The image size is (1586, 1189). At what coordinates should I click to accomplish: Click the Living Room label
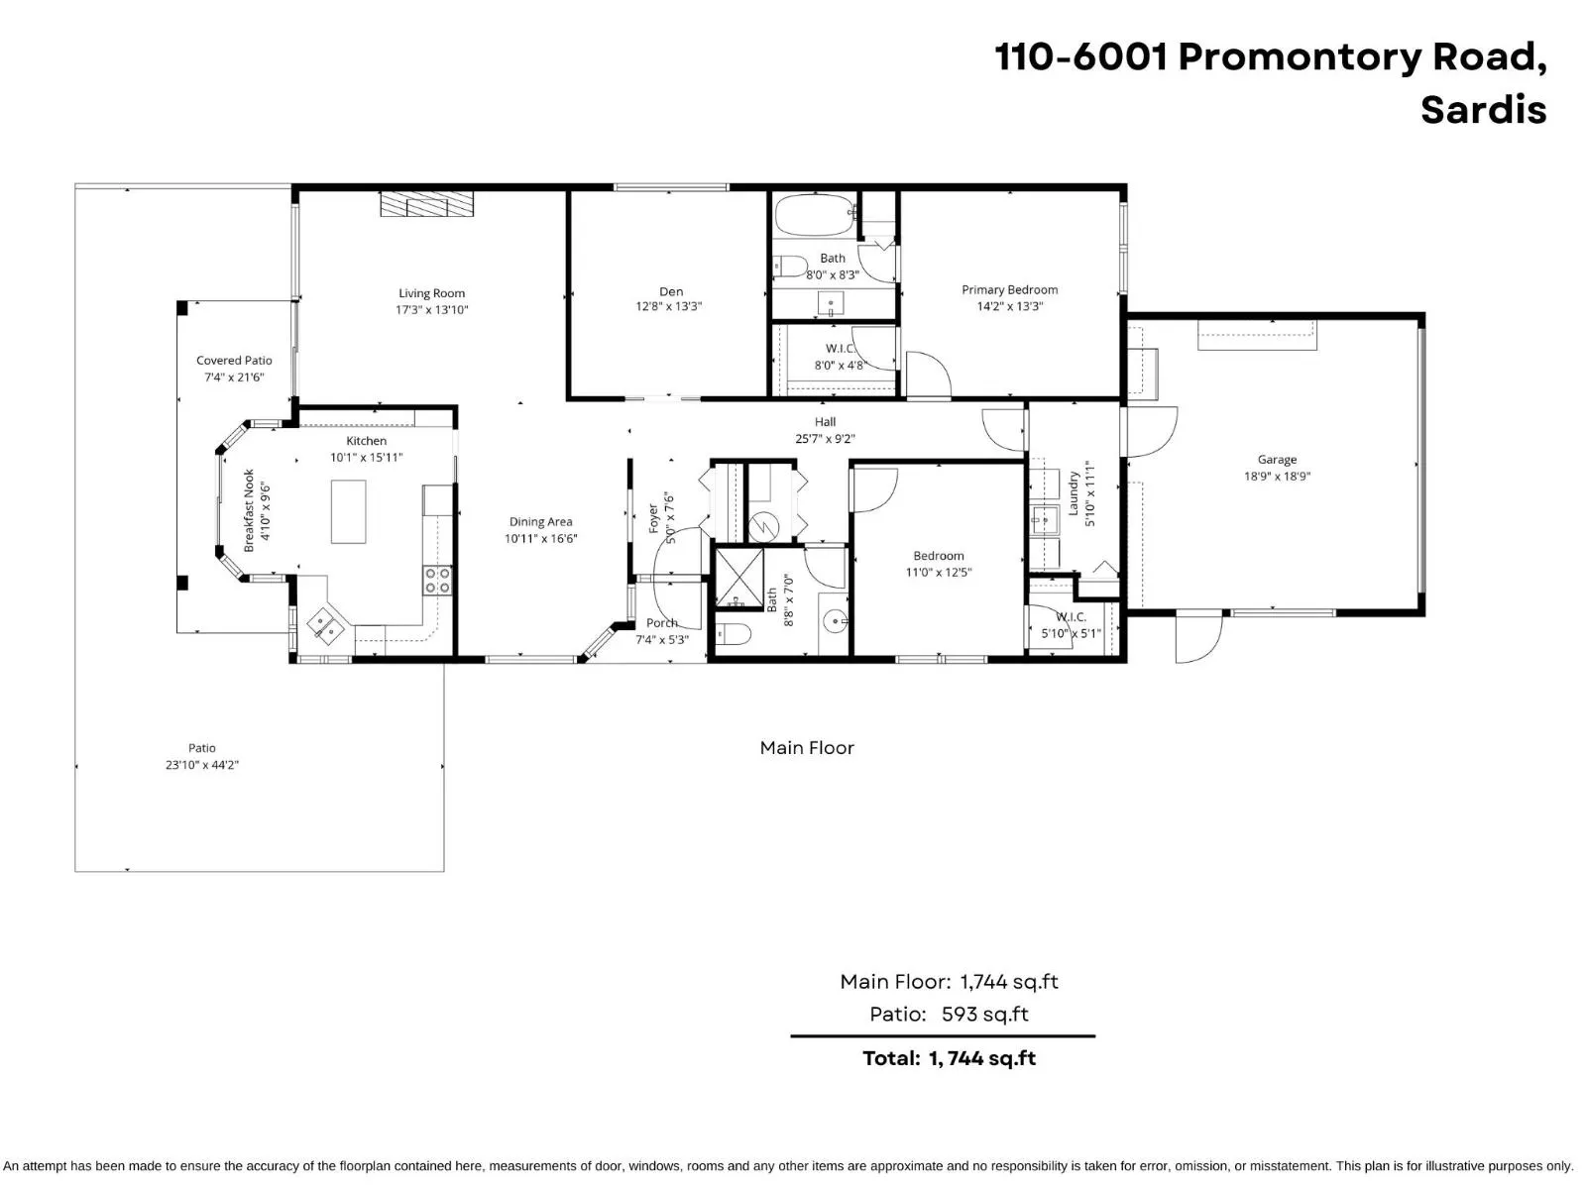431,293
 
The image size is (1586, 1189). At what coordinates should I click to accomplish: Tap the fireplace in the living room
427,204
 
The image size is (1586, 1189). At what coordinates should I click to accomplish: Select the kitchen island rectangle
348,511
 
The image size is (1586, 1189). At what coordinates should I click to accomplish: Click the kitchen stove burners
438,581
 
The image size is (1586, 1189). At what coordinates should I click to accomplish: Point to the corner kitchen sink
325,625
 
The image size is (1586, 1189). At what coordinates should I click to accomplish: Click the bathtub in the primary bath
814,214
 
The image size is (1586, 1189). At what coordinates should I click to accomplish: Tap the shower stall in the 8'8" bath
739,577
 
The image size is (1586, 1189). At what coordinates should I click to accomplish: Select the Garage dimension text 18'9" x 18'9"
1277,477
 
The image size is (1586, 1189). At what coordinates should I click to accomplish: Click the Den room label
671,291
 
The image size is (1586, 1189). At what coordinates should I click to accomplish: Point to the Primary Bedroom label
1009,290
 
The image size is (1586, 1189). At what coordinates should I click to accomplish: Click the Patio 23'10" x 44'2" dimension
202,765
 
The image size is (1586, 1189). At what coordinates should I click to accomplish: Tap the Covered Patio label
234,361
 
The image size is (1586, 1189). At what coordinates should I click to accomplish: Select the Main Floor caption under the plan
807,748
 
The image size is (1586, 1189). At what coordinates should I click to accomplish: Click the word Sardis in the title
1483,109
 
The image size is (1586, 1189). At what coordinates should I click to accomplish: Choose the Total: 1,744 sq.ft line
949,1058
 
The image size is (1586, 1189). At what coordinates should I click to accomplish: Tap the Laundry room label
1073,492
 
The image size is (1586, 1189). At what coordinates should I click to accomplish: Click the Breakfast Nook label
250,510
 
